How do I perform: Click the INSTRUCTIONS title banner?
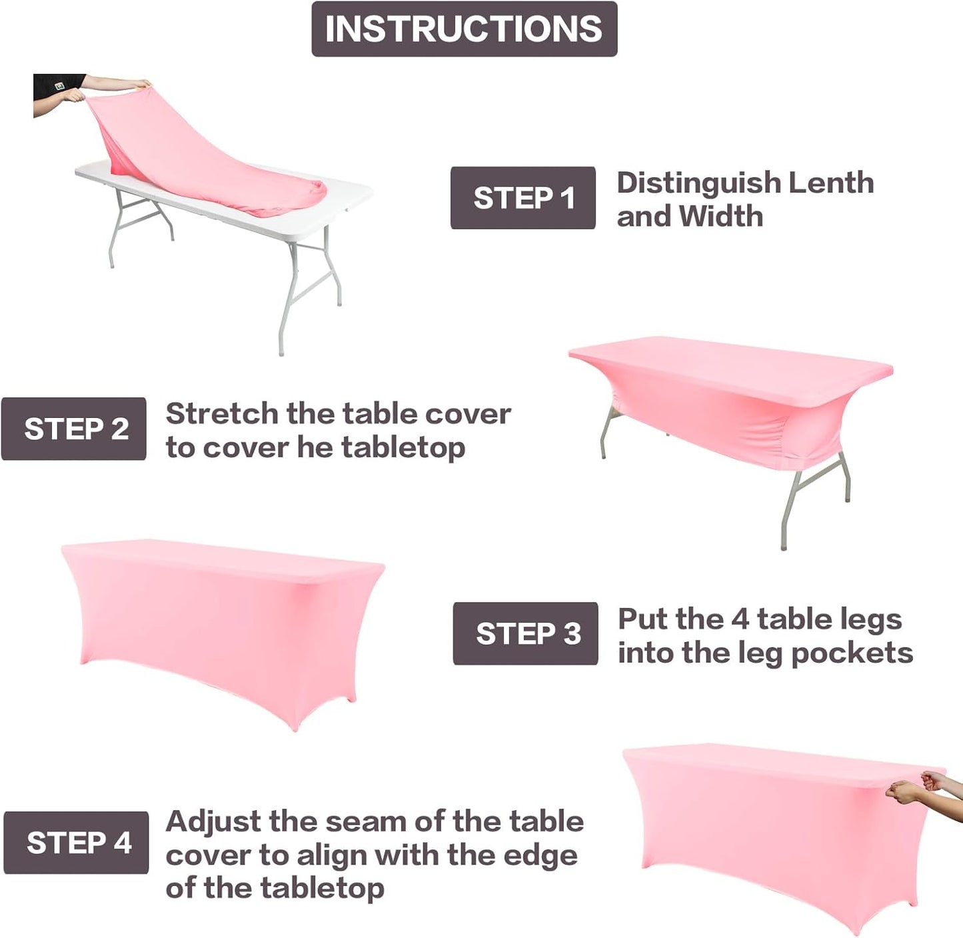pos(464,29)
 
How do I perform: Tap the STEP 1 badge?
pos(522,198)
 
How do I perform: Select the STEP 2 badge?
pos(74,429)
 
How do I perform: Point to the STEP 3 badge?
pos(525,633)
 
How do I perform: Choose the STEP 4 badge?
pos(76,843)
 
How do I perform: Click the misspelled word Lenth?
pos(830,183)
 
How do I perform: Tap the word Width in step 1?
pos(720,217)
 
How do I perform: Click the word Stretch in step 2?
pos(222,414)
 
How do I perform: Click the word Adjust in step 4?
pos(213,822)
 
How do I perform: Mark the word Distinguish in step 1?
pos(698,183)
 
